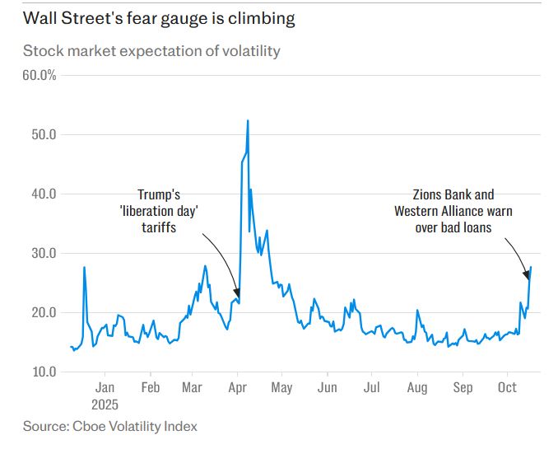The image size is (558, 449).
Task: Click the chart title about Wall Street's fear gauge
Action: (160, 17)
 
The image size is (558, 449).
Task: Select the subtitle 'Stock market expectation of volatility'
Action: (151, 51)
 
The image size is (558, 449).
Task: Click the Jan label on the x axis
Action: (105, 387)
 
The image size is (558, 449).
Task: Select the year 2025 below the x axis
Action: (105, 405)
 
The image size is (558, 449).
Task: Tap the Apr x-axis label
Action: (238, 387)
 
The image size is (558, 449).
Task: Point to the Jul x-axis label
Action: (372, 387)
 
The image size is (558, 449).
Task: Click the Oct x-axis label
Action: (508, 387)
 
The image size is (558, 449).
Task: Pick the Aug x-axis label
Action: (417, 387)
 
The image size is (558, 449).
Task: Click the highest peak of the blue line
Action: (248, 121)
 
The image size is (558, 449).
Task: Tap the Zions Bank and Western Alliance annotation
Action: (453, 211)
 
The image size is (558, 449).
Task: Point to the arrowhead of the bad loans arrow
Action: (527, 275)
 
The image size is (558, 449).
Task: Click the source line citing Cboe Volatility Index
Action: (110, 426)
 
